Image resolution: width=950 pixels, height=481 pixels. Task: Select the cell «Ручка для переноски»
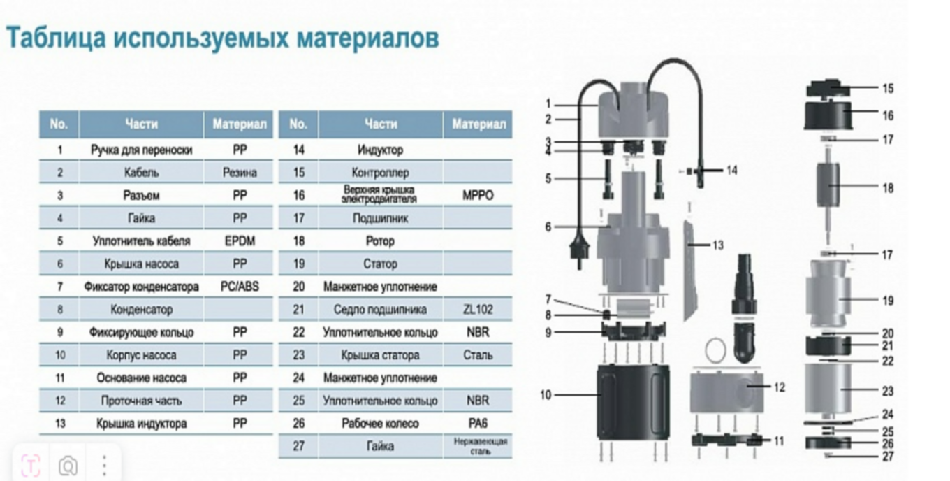click(141, 150)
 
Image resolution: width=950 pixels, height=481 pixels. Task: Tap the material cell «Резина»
click(240, 172)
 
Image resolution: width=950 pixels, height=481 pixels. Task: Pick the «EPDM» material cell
click(240, 240)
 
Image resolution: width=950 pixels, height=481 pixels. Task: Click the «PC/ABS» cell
click(240, 287)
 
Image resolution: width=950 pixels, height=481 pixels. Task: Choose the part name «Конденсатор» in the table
click(141, 309)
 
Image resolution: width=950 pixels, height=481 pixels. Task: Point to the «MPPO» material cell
click(478, 195)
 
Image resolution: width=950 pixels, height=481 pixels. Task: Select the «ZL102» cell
click(478, 309)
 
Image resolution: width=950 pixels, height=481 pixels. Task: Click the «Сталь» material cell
click(478, 355)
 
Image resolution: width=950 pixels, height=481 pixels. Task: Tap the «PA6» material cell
click(478, 423)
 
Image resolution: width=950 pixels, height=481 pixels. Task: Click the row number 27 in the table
click(298, 446)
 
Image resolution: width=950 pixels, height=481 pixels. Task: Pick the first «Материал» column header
click(240, 124)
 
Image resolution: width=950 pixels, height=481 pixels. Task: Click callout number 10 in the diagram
click(546, 395)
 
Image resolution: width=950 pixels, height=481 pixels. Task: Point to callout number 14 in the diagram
click(731, 171)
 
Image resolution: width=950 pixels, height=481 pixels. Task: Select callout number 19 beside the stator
click(887, 301)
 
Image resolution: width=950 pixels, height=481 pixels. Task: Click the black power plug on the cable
click(579, 249)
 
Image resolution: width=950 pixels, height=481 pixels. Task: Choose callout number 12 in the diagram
click(779, 387)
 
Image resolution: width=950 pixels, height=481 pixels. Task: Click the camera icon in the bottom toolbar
click(68, 465)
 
